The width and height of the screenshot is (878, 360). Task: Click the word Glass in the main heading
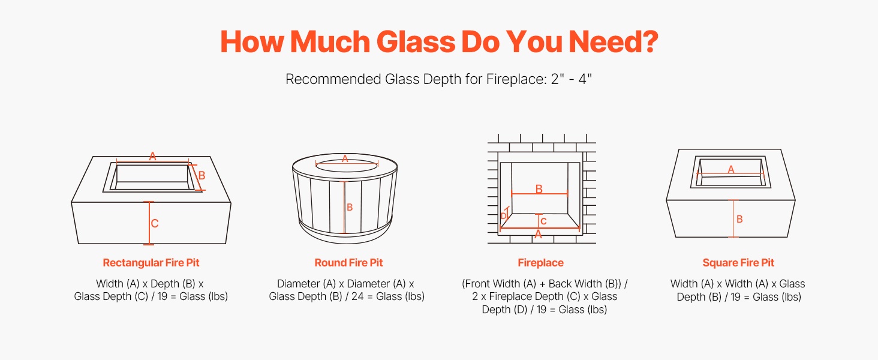pos(416,41)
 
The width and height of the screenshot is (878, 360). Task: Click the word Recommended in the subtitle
pos(333,79)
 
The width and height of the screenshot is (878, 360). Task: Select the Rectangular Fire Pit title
pos(151,263)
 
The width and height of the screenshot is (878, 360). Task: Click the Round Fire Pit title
pos(348,263)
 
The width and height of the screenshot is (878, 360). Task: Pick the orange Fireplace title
pos(540,263)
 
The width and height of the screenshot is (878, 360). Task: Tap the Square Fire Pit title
pos(738,263)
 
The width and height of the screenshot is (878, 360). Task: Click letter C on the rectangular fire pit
pos(155,224)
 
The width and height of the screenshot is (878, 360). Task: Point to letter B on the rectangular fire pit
pos(202,175)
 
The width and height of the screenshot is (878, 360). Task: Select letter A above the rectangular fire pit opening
pos(153,157)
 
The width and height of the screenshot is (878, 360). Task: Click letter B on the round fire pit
pos(350,207)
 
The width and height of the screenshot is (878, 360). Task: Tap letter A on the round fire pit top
pos(345,158)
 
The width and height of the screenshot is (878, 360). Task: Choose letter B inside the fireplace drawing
pos(539,189)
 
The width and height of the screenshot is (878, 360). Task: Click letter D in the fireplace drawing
pos(504,216)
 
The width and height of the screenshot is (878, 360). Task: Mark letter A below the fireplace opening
pos(538,235)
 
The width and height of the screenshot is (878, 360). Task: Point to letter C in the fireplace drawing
pos(543,221)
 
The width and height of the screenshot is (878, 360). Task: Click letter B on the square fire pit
pos(739,219)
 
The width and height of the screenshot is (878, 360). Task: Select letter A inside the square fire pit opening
pos(731,169)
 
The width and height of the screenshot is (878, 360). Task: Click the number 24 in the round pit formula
pos(357,296)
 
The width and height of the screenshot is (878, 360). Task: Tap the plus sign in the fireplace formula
pos(542,284)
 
